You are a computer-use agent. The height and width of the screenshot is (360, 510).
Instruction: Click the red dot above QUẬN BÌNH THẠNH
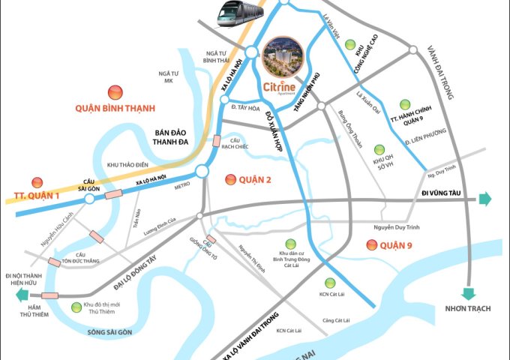pyautogui.click(x=115, y=91)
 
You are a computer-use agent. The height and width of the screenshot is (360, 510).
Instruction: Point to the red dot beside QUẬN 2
pyautogui.click(x=229, y=179)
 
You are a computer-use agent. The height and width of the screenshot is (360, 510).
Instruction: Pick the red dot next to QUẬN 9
pyautogui.click(x=369, y=244)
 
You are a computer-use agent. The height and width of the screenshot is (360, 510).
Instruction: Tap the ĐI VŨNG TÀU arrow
pyautogui.click(x=484, y=199)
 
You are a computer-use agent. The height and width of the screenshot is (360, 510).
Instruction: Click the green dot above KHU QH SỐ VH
pyautogui.click(x=379, y=148)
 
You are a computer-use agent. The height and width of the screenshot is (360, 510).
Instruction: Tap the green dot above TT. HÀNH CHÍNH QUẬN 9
pyautogui.click(x=406, y=104)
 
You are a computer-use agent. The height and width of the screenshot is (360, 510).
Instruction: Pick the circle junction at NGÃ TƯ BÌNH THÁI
pyautogui.click(x=250, y=52)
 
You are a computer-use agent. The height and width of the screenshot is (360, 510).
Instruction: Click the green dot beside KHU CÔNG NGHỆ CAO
pyautogui.click(x=349, y=45)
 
